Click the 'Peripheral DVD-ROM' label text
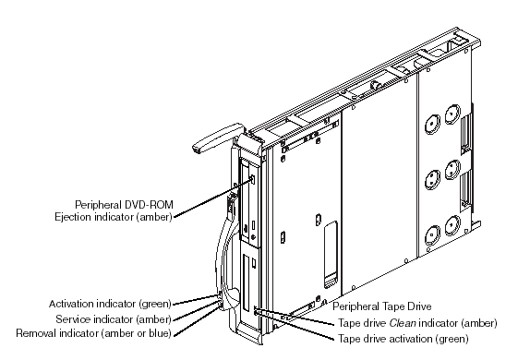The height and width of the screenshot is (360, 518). (125, 205)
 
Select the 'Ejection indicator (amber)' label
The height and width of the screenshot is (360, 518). (114, 217)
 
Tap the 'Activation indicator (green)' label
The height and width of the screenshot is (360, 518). (110, 304)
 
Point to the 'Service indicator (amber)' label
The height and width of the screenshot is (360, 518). (114, 319)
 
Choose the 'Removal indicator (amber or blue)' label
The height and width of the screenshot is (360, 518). (94, 333)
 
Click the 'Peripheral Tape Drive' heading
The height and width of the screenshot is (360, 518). (382, 306)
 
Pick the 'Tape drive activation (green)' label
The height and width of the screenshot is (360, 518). (403, 339)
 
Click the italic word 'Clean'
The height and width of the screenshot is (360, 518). (403, 323)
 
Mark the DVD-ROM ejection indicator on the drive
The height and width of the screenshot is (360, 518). (253, 180)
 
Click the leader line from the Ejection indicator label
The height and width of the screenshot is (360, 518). (213, 198)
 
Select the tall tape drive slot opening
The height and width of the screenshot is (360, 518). (247, 283)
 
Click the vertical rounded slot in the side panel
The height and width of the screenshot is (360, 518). (331, 255)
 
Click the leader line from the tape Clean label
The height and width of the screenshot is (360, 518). (294, 317)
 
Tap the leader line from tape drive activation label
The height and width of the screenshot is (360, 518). (295, 326)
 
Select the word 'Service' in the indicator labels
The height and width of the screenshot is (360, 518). (72, 319)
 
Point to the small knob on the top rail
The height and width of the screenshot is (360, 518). (375, 85)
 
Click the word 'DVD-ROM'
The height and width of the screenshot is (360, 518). (149, 205)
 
